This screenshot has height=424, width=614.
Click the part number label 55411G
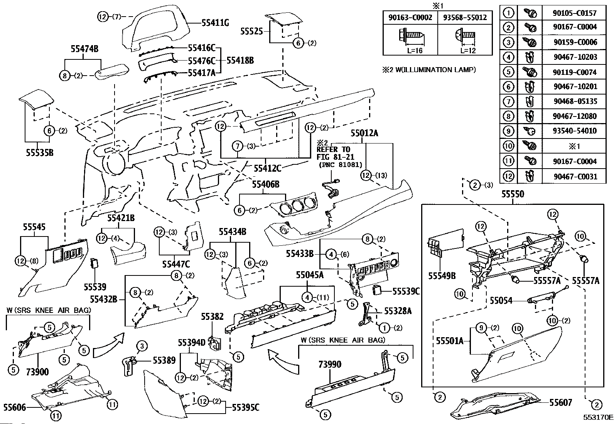[x=215, y=23]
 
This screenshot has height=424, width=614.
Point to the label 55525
[x=251, y=31]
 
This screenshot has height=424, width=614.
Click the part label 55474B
[x=84, y=49]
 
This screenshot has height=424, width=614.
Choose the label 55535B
[x=39, y=153]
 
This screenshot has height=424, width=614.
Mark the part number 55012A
[x=364, y=133]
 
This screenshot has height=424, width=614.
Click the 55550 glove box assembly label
[x=513, y=194]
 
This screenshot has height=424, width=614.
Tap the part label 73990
[x=330, y=364]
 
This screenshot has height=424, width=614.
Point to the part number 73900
[x=37, y=372]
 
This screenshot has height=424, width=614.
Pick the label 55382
[x=212, y=317]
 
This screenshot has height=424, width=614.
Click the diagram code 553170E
[x=598, y=418]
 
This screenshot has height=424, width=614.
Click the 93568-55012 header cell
[x=465, y=17]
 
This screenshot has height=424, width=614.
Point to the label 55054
[x=501, y=300]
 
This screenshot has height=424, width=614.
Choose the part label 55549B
[x=442, y=276]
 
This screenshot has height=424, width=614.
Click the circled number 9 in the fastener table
[x=509, y=131]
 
